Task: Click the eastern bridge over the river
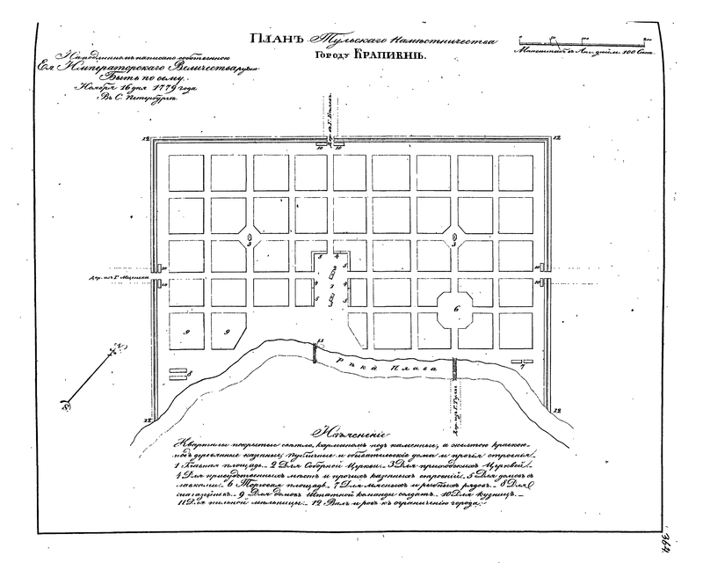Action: click(454, 367)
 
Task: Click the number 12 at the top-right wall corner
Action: click(557, 139)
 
